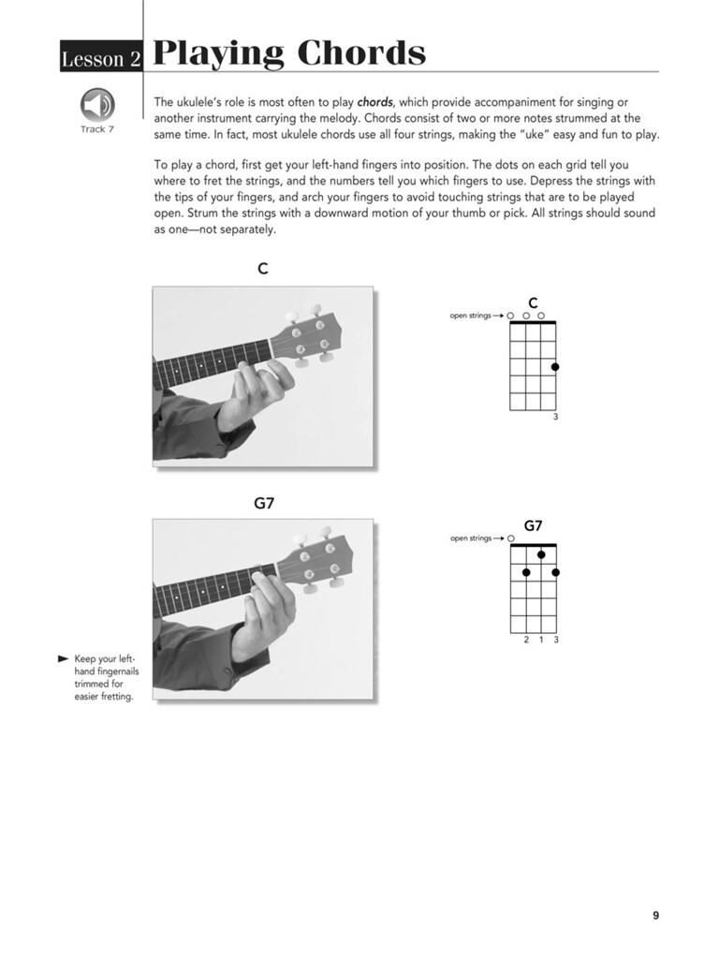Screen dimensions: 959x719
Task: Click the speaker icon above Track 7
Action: pyautogui.click(x=97, y=104)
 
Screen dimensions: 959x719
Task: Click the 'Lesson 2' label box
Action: pyautogui.click(x=100, y=58)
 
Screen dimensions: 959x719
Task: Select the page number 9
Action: pyautogui.click(x=655, y=915)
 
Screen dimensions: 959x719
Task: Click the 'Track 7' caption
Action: pyautogui.click(x=97, y=129)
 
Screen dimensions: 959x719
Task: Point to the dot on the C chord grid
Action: pyautogui.click(x=555, y=366)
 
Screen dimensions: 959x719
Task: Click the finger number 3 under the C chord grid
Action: pyautogui.click(x=555, y=417)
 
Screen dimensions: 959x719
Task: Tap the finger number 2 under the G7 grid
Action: pyautogui.click(x=526, y=640)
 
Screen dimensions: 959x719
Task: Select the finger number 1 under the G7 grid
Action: pyautogui.click(x=541, y=640)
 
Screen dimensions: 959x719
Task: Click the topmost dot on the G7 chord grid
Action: pyautogui.click(x=541, y=555)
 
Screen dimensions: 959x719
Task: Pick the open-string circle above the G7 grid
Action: pyautogui.click(x=511, y=539)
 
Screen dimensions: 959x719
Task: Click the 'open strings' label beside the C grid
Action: pyautogui.click(x=470, y=316)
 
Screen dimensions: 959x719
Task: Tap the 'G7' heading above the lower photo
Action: pyautogui.click(x=264, y=503)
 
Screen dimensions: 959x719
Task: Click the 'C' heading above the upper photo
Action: pyautogui.click(x=263, y=269)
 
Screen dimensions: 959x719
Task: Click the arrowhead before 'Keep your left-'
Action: pyautogui.click(x=63, y=659)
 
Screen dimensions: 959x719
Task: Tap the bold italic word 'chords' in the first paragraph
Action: pyautogui.click(x=376, y=101)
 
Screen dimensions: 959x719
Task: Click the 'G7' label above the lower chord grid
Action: pyautogui.click(x=533, y=525)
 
